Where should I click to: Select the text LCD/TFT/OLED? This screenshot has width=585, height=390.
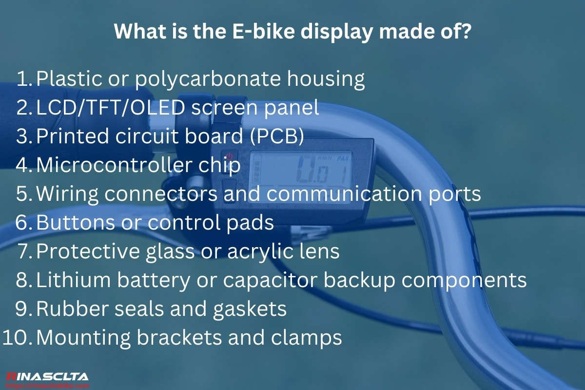pos(109,108)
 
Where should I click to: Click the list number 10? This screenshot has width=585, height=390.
pos(17,338)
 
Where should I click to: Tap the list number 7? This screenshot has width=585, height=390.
pos(24,252)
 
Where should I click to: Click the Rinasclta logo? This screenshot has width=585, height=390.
pos(47,377)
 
